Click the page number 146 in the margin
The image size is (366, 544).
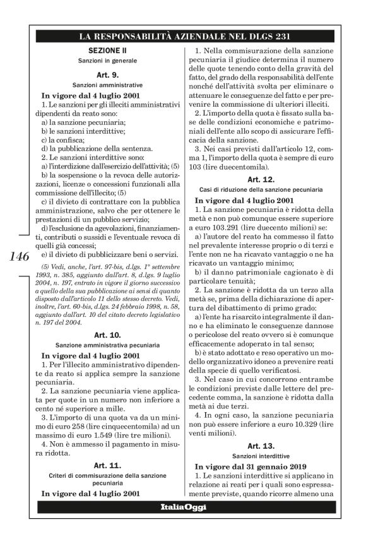(20, 257)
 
